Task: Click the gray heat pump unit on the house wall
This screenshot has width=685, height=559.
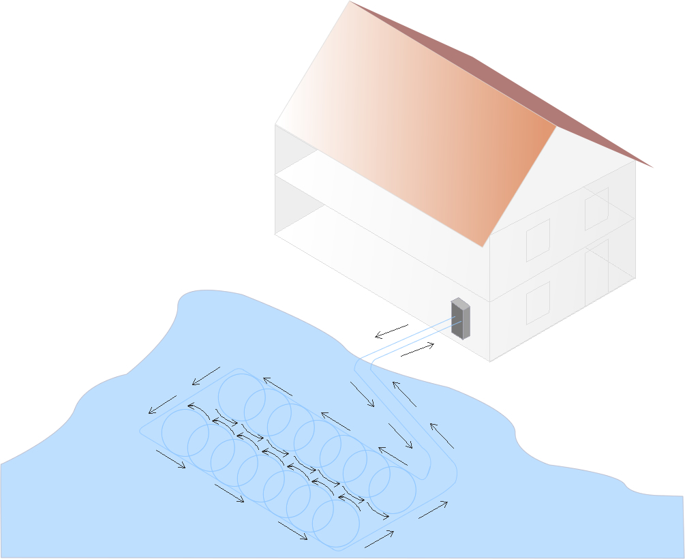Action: (x=461, y=319)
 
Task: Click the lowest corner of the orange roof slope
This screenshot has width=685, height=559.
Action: (x=484, y=246)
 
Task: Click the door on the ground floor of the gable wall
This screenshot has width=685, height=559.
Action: (x=596, y=271)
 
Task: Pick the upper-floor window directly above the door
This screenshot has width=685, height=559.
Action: (x=596, y=208)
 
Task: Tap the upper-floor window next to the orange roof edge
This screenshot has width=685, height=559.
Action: (x=538, y=240)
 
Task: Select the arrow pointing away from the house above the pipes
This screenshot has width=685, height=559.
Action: (x=391, y=331)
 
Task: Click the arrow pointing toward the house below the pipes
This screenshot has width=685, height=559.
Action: (x=417, y=350)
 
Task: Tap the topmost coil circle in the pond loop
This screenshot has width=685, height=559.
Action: (x=241, y=395)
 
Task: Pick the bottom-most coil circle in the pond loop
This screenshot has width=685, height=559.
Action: (x=335, y=524)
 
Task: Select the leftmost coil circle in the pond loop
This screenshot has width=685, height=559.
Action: (x=185, y=433)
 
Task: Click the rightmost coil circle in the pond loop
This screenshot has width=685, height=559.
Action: (x=392, y=489)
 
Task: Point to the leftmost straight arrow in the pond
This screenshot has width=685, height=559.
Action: (x=162, y=405)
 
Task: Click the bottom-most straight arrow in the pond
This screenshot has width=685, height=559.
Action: (x=379, y=539)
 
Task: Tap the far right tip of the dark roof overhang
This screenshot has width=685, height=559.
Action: (x=652, y=167)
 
